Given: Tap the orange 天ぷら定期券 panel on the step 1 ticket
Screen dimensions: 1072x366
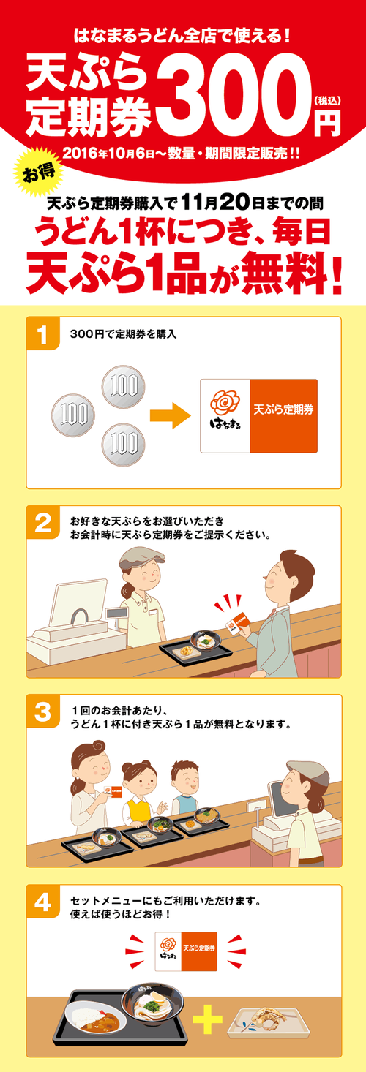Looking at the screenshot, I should click(x=283, y=415).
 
